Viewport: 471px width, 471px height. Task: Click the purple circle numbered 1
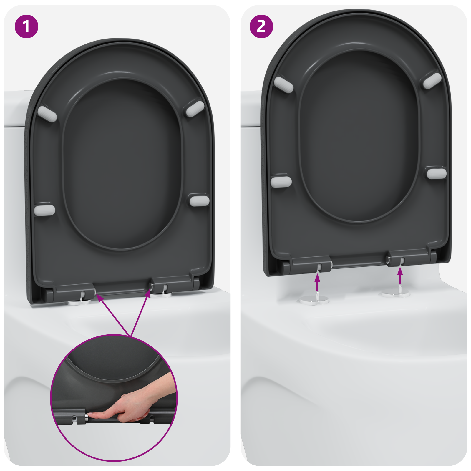[x=26, y=26]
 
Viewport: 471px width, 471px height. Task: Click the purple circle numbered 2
[x=261, y=26]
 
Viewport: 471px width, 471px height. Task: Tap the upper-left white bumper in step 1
[x=47, y=114]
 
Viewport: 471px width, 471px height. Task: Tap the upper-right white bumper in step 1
[x=195, y=109]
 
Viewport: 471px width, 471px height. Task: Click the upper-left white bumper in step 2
[x=283, y=84]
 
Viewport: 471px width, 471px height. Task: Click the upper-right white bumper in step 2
[x=432, y=81]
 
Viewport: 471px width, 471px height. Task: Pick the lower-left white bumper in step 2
[x=281, y=182]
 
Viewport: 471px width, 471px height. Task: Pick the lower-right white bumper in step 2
[x=437, y=173]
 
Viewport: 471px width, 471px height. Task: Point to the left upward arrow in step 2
[x=317, y=282]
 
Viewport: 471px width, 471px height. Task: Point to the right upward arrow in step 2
[x=400, y=276]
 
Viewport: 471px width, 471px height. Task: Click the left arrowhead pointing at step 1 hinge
[x=100, y=298]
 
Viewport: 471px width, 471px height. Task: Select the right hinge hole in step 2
[x=402, y=261]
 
